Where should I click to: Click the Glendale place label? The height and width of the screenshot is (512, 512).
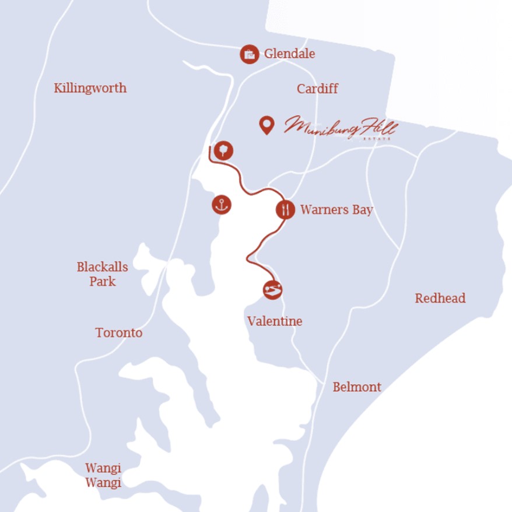(289, 54)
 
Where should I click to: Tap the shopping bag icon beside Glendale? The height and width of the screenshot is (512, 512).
(250, 54)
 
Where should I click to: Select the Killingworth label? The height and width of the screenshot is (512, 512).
(90, 89)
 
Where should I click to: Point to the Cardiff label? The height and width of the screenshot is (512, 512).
(317, 89)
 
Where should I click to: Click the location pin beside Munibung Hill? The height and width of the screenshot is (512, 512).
(266, 125)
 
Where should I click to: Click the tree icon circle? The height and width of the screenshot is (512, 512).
(223, 150)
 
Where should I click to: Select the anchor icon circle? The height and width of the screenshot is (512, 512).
(222, 205)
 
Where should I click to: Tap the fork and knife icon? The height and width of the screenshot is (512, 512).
(285, 209)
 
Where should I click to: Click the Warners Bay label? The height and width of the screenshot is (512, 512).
(336, 210)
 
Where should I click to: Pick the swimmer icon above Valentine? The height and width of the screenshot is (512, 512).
(272, 289)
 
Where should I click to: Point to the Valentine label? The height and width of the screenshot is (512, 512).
(275, 321)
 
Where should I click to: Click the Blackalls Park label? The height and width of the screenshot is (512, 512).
(102, 274)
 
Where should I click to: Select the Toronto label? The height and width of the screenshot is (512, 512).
(118, 333)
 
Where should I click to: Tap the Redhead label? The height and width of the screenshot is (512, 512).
(440, 299)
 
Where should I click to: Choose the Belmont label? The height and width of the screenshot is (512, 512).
(357, 387)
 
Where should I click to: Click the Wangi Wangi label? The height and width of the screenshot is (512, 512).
(103, 475)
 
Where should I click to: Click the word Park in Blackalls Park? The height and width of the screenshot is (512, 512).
(102, 282)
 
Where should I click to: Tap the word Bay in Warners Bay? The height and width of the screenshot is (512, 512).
(362, 210)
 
